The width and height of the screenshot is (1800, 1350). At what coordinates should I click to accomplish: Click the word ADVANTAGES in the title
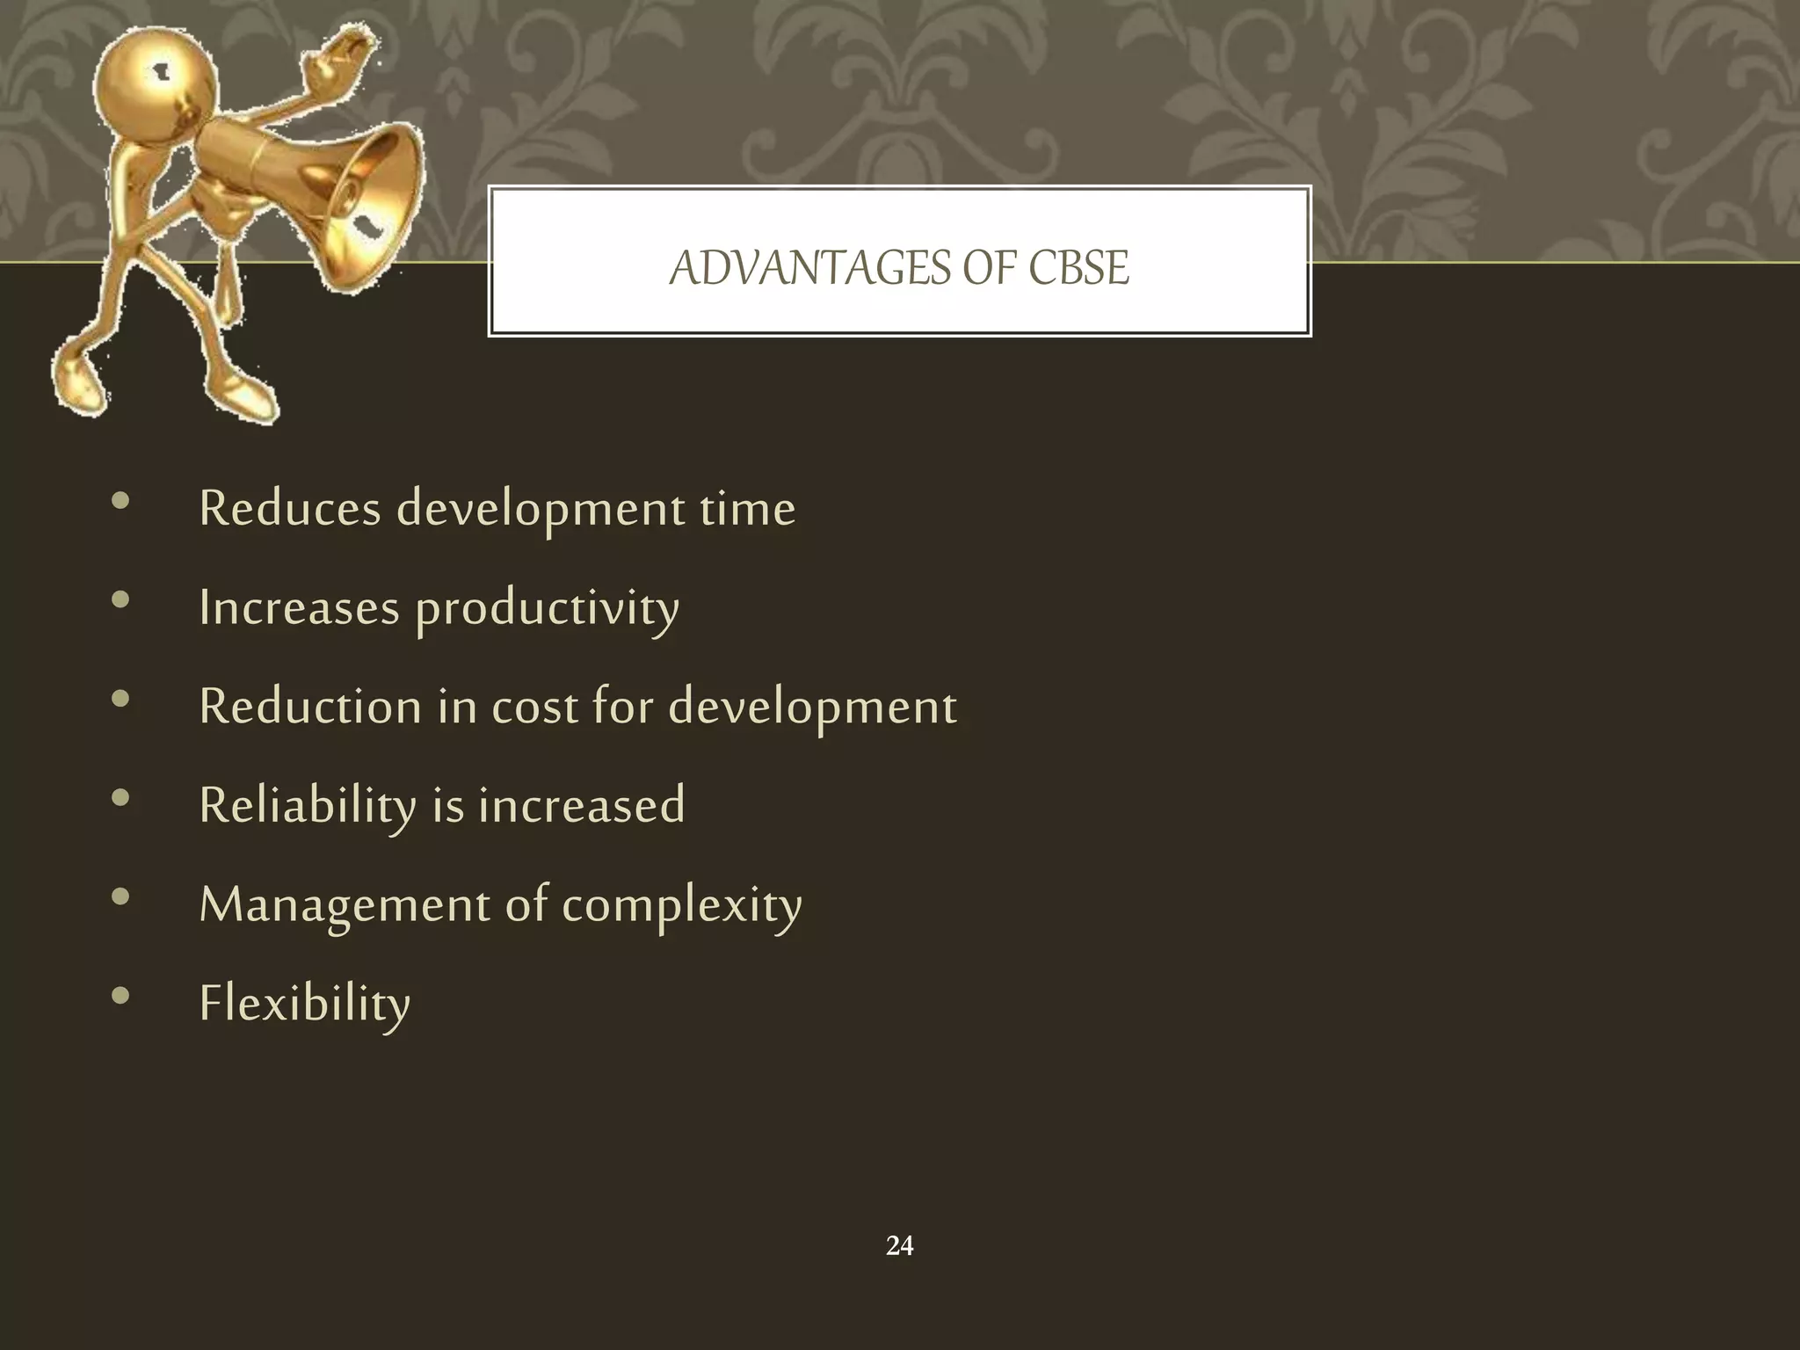click(809, 268)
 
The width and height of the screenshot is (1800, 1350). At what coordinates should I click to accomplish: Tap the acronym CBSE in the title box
click(1078, 268)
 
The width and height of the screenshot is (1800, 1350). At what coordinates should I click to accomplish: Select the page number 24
click(899, 1245)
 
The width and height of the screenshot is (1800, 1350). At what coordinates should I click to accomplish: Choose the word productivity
click(547, 609)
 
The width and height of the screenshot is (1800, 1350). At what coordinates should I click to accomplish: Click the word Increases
click(299, 607)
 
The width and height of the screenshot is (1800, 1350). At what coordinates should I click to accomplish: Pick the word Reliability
click(308, 806)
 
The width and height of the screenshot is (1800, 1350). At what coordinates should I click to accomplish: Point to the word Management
click(344, 904)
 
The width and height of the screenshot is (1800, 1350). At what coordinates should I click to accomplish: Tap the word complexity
click(681, 906)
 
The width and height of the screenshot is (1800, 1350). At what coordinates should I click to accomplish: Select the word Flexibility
click(304, 1004)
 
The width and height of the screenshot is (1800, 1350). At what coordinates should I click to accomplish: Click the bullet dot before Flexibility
click(121, 996)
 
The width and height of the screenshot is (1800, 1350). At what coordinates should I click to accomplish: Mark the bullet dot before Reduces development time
click(121, 502)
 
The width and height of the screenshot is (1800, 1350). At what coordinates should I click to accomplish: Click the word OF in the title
click(990, 268)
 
